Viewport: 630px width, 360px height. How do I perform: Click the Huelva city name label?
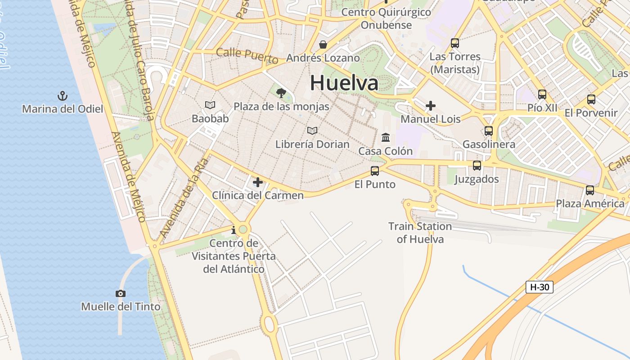click(344, 83)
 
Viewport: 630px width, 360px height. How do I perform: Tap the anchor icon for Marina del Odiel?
click(63, 95)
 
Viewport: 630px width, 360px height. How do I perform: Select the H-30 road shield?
click(539, 287)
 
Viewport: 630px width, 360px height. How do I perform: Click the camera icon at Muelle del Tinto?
click(120, 293)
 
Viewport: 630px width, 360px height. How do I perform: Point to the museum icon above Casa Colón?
click(386, 137)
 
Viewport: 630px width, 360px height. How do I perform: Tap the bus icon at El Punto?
click(374, 171)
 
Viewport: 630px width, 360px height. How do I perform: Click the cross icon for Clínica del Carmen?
click(258, 182)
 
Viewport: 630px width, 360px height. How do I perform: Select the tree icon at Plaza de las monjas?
click(281, 93)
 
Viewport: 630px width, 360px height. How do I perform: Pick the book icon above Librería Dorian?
click(312, 131)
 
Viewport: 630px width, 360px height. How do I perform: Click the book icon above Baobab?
click(210, 105)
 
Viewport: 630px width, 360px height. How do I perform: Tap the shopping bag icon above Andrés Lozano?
click(323, 45)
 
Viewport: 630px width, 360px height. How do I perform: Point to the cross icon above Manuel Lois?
click(431, 106)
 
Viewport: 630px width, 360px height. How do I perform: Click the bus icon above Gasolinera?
click(489, 131)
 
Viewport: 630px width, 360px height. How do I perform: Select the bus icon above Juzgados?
click(477, 166)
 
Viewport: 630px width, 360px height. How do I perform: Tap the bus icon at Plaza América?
click(590, 190)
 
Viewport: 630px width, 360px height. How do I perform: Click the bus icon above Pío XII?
click(542, 94)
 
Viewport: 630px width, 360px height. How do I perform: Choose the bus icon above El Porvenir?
click(591, 99)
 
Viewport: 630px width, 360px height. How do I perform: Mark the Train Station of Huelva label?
click(420, 233)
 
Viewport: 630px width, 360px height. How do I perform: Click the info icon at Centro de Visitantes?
click(233, 230)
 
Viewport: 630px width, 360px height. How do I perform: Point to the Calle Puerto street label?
click(247, 55)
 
